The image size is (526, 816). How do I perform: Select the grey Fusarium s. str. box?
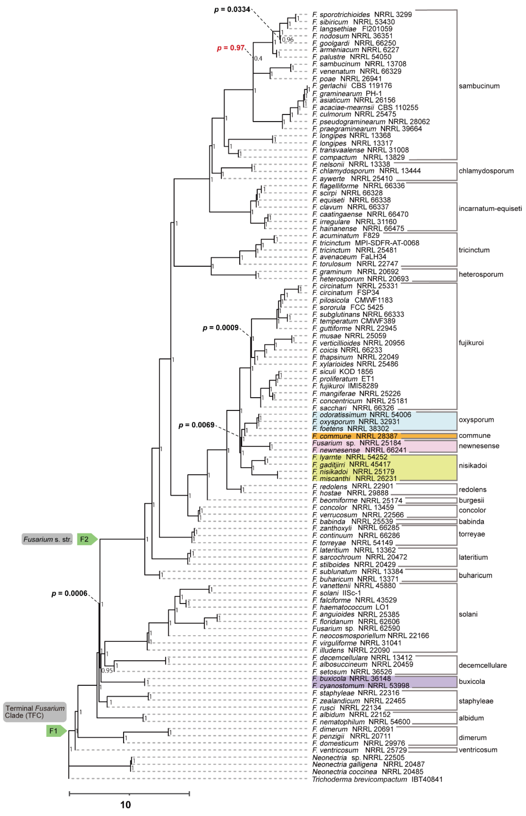pyautogui.click(x=47, y=539)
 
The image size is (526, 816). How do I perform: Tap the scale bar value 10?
pyautogui.click(x=125, y=805)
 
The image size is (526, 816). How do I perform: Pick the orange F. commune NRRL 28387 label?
pyautogui.click(x=355, y=436)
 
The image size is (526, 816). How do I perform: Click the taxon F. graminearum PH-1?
pyautogui.click(x=347, y=93)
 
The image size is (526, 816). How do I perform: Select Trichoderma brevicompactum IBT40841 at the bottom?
pyautogui.click(x=377, y=779)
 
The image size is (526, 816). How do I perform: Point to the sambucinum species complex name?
pyautogui.click(x=479, y=86)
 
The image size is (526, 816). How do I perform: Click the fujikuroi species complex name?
pyautogui.click(x=471, y=343)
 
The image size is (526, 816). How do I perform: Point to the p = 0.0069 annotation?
pyautogui.click(x=196, y=425)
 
